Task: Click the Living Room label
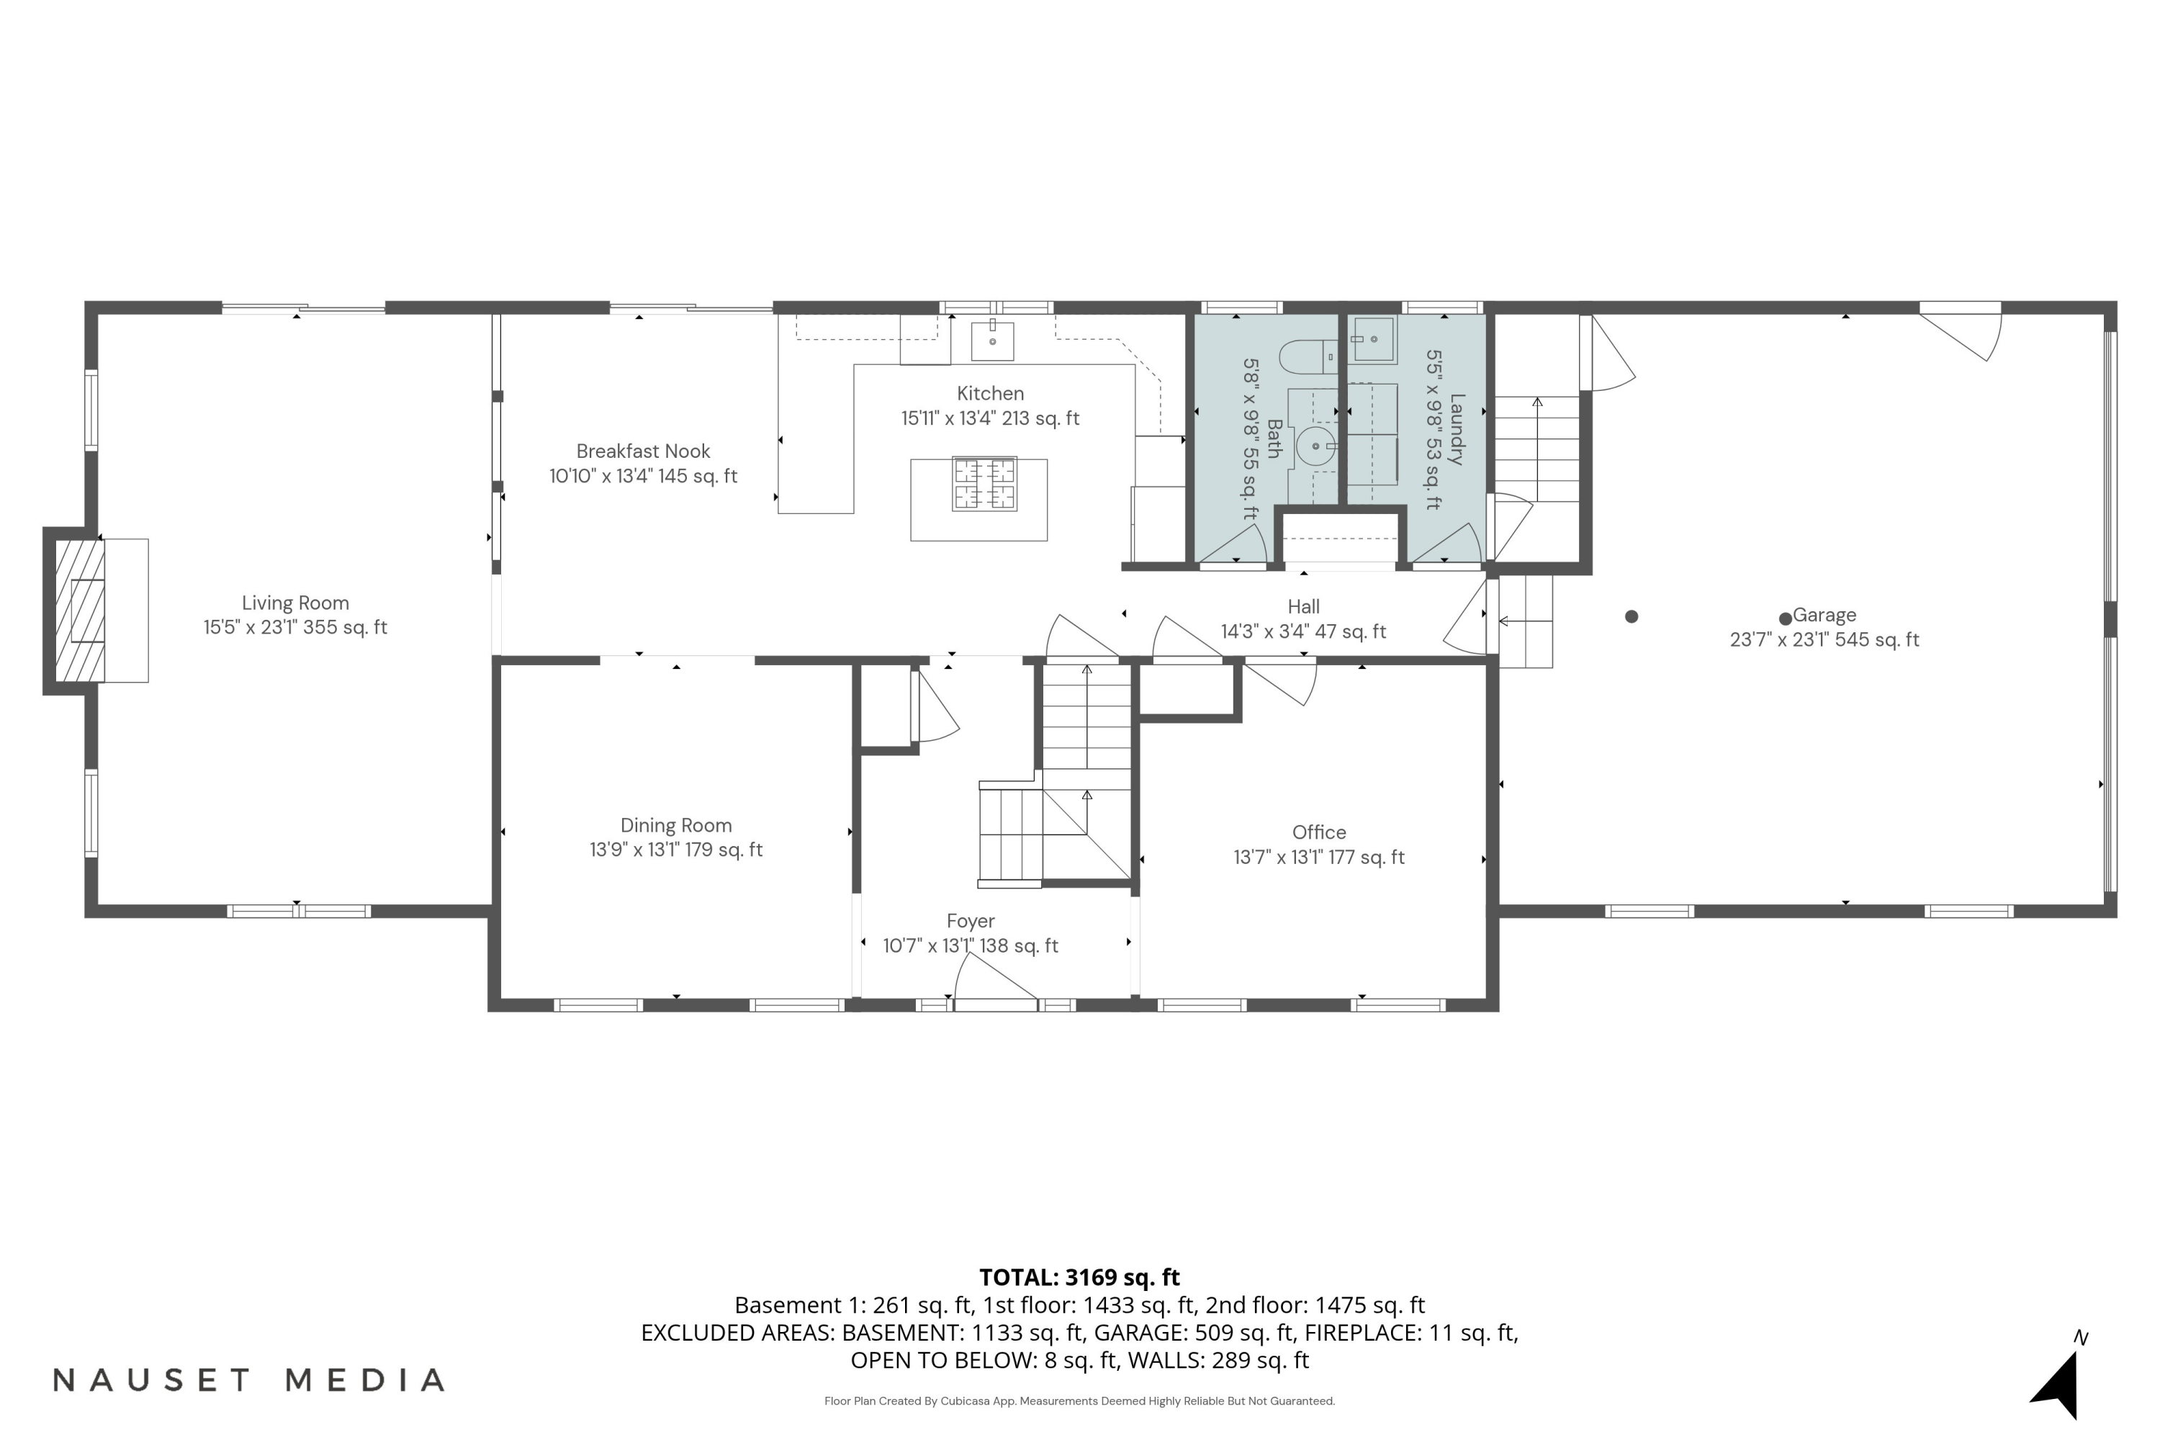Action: coord(294,603)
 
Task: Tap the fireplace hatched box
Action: coord(80,611)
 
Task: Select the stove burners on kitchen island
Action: coord(984,484)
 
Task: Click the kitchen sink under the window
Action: coord(993,341)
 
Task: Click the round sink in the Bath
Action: coord(1316,447)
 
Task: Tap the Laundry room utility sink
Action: coord(1374,340)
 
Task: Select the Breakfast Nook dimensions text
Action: coord(643,477)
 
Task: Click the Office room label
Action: coord(1319,833)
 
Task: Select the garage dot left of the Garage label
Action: coord(1631,617)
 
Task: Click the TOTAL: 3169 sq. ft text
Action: coord(1079,1277)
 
